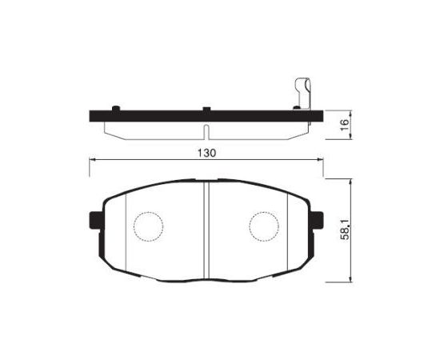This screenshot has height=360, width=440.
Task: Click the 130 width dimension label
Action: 207,154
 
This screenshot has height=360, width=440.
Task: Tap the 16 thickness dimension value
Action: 344,124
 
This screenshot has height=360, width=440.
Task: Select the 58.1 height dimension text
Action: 344,230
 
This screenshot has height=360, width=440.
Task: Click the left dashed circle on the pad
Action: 149,226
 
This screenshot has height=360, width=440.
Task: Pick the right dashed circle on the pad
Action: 264,226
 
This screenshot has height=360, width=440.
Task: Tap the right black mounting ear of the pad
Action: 317,220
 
